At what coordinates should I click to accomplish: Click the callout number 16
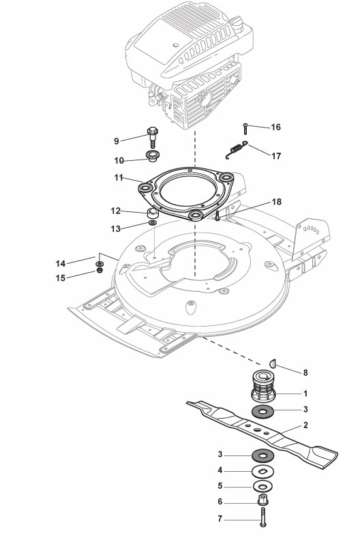tap(275, 127)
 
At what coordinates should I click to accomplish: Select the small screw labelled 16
tap(245, 128)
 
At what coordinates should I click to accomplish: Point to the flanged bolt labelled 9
tap(152, 137)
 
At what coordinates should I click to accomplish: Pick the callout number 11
tap(119, 178)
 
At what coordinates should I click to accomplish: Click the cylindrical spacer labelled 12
tap(152, 213)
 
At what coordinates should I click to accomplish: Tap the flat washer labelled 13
tap(152, 223)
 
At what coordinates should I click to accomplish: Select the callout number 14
tap(60, 263)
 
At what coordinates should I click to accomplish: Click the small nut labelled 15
tap(100, 270)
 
